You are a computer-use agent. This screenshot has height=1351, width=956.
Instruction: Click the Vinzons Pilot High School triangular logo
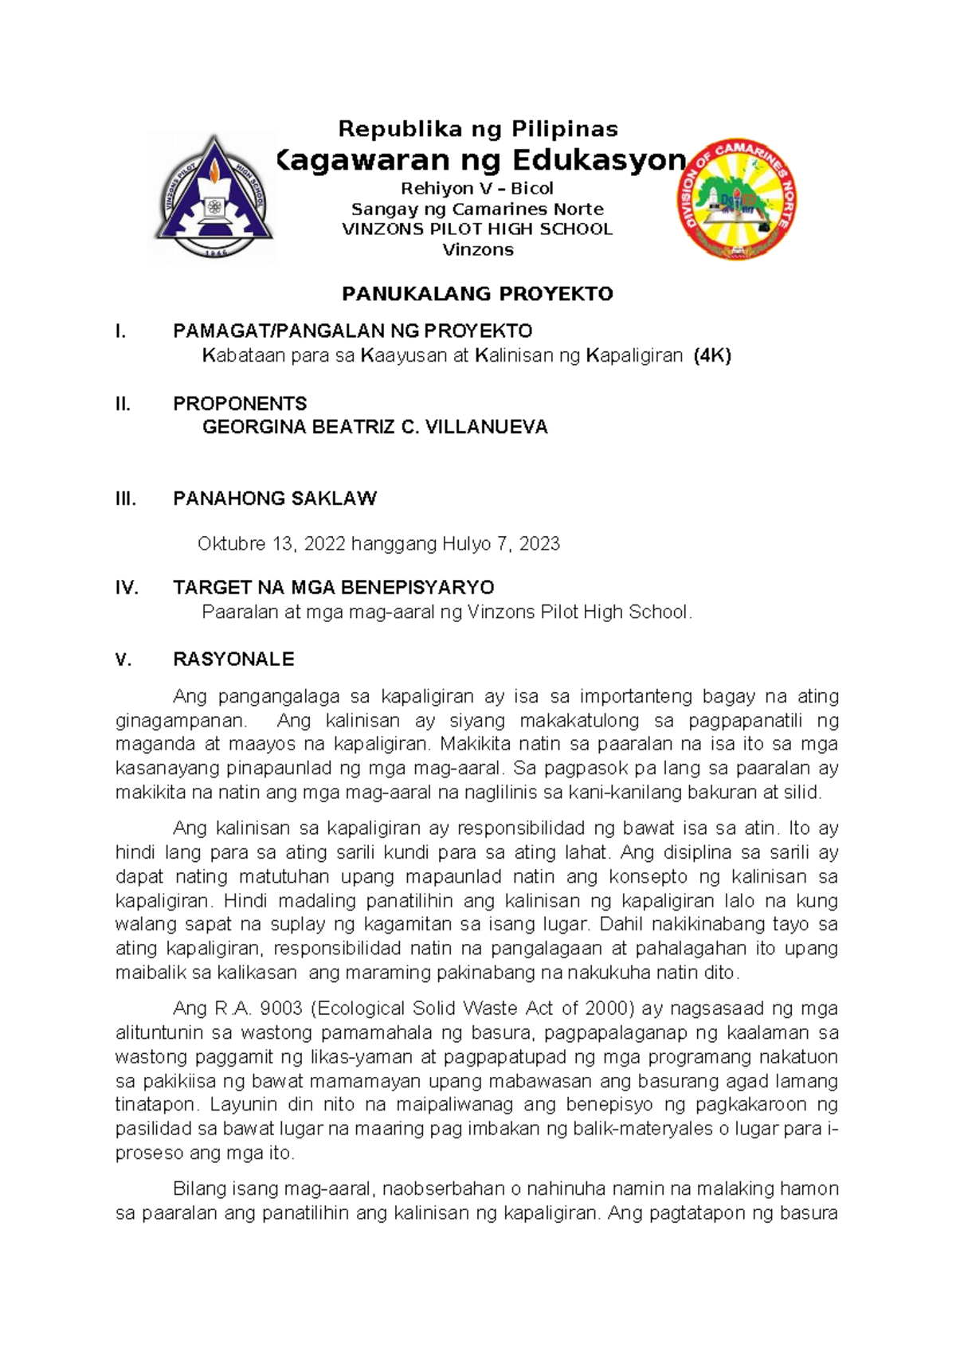click(214, 197)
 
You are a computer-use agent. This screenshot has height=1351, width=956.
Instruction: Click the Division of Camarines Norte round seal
click(738, 200)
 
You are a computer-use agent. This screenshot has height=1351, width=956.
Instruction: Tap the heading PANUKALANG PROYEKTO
click(477, 294)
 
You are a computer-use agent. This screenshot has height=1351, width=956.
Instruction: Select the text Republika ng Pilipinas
click(478, 128)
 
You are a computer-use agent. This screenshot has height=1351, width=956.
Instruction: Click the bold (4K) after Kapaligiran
click(712, 355)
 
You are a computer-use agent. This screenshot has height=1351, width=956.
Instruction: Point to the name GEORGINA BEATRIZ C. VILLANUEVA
click(374, 427)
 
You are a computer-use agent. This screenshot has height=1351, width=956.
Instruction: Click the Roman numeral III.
click(126, 499)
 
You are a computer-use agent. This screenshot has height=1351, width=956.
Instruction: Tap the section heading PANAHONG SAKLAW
click(275, 499)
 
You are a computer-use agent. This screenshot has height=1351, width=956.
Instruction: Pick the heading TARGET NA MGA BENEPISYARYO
click(333, 588)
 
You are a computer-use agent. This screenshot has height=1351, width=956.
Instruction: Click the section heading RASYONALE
click(233, 659)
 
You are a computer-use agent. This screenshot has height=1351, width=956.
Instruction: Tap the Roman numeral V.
click(123, 659)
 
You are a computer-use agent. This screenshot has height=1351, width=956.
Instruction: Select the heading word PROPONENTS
click(240, 403)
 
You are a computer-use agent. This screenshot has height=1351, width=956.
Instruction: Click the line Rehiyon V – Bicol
click(477, 189)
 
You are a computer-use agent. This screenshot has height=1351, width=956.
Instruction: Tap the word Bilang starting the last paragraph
click(197, 1189)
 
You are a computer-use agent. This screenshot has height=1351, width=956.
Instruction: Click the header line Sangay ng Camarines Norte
click(477, 210)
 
